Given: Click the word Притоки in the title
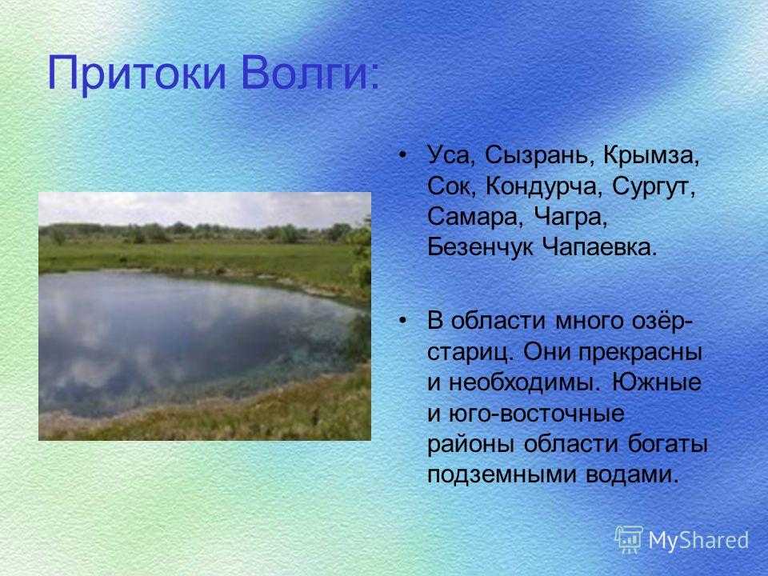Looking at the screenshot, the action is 137,74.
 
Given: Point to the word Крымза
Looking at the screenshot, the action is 651,157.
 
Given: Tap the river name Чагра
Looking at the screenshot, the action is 570,218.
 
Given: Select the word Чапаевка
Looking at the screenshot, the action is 598,248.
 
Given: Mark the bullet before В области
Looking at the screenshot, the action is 402,321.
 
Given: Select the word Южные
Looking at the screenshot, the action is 657,383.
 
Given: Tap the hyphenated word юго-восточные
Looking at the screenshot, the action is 536,414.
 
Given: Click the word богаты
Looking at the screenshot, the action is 667,444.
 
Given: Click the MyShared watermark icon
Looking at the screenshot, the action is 629,540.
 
